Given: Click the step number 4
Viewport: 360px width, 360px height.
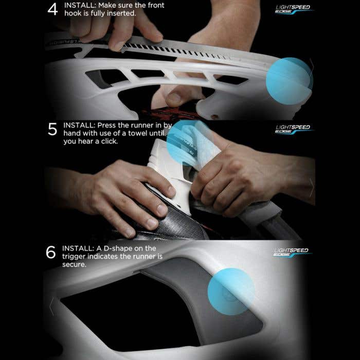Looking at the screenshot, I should pos(52,10).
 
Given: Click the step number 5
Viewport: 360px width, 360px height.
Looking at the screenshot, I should pos(52,130).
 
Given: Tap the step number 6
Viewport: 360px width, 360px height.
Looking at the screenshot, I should pos(51,253).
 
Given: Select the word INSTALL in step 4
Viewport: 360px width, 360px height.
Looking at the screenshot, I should pos(79,5).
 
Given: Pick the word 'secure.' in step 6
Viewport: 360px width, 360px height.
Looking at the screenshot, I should pos(74,264).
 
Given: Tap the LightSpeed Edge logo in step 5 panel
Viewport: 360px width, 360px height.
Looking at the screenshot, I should pos(292,129).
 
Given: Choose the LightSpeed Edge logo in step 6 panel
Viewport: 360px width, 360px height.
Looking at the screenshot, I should pos(291,252).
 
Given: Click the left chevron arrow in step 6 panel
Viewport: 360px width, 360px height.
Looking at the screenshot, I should pos(51,307).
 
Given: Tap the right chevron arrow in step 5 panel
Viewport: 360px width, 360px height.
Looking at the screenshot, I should pos(311,188).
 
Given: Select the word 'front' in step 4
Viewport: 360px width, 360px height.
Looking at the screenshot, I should pos(152,5).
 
